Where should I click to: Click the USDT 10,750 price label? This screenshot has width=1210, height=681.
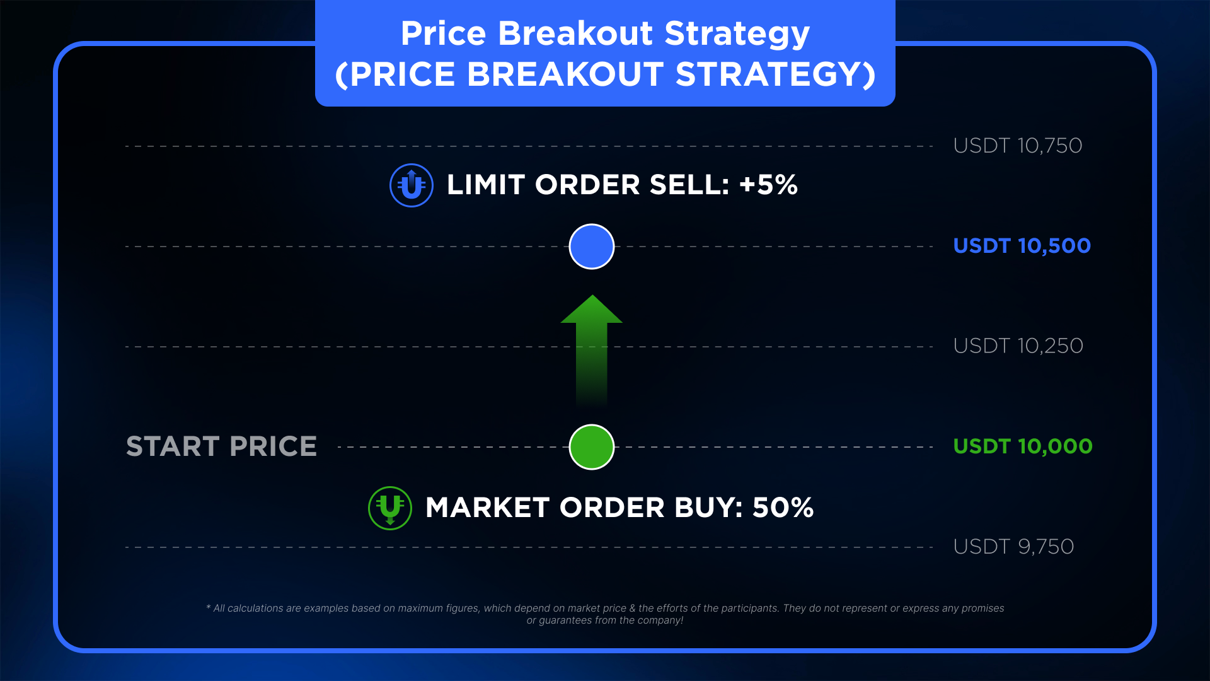[x=1018, y=146]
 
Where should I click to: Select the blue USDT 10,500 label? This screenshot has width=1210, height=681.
[x=1022, y=246]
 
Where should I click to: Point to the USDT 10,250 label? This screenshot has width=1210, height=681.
[x=1018, y=346]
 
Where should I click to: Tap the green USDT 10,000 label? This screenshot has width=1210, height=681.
[x=1023, y=446]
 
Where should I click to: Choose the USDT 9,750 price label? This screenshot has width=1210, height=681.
[x=1014, y=547]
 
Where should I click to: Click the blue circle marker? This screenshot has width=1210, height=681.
[x=592, y=247]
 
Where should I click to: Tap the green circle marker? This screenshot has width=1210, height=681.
[x=592, y=447]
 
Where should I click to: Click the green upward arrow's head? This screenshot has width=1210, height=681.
[x=592, y=309]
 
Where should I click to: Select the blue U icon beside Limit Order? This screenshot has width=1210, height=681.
[x=412, y=185]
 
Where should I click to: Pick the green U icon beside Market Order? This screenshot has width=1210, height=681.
[x=390, y=508]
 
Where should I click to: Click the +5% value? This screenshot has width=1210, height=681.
[x=768, y=185]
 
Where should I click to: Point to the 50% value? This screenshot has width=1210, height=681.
[x=783, y=508]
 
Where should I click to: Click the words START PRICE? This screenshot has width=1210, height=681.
[x=222, y=446]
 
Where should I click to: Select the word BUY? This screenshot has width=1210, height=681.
[x=708, y=508]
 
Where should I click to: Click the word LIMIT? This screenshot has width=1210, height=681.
[x=486, y=185]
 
